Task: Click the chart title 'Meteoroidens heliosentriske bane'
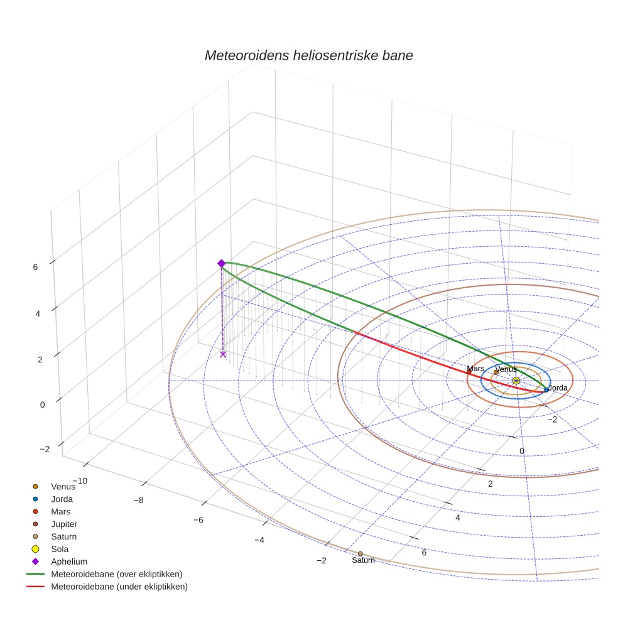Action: [308, 55]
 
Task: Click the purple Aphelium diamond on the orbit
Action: [221, 263]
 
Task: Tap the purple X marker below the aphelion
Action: [223, 354]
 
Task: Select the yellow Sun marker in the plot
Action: [516, 381]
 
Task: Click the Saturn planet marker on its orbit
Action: [360, 553]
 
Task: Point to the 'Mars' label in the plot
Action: [475, 369]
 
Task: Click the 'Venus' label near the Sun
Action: [506, 369]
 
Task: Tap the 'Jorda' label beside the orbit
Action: [558, 388]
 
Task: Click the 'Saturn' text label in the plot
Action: [363, 560]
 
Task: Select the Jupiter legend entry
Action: [64, 524]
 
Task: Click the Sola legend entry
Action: [60, 549]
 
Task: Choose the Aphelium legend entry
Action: [68, 561]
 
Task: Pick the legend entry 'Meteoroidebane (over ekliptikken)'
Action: [116, 574]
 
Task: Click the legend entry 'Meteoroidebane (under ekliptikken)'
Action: [119, 587]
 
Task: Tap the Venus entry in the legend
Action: [63, 486]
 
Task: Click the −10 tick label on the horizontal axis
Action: [79, 481]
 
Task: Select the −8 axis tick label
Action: [139, 501]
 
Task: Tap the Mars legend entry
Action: [60, 511]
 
